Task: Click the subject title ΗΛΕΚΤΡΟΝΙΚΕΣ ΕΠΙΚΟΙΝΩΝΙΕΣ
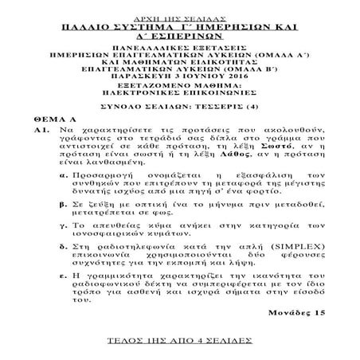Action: [179, 95]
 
